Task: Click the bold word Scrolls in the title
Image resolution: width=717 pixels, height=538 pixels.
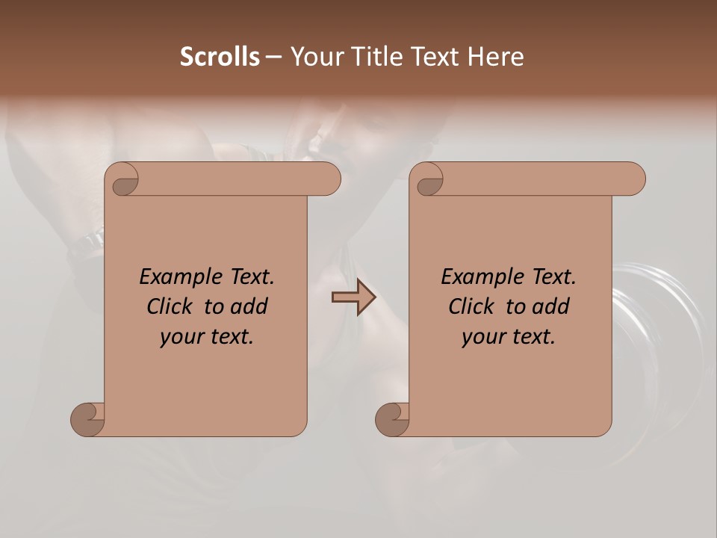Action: pos(220,57)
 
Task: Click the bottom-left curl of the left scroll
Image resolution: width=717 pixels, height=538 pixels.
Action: pos(87,418)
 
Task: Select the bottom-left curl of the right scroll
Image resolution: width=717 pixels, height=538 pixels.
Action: pos(391,418)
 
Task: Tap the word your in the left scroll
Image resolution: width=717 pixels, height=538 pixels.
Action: pos(179,337)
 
